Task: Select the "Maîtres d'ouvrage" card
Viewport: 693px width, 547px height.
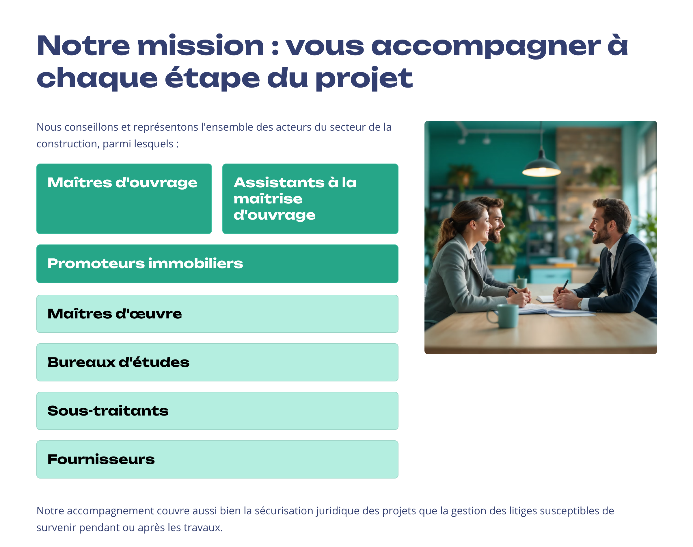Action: (124, 199)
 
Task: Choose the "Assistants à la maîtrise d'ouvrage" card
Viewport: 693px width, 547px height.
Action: (310, 199)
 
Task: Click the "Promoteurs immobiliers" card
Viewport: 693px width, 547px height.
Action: (217, 264)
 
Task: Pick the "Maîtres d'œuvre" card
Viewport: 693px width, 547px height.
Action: (217, 314)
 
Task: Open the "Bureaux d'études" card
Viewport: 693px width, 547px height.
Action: (217, 362)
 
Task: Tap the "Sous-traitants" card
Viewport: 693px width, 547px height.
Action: (217, 411)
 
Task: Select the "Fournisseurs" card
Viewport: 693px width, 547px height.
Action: (217, 459)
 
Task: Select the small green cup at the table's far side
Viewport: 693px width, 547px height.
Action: (521, 283)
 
